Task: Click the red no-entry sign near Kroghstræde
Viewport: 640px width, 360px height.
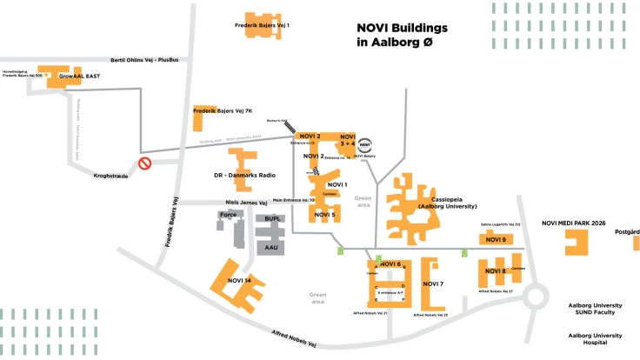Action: coord(146,163)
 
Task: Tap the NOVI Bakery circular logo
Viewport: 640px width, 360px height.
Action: coord(365,146)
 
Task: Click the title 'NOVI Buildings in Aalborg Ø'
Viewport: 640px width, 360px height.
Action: coord(401,35)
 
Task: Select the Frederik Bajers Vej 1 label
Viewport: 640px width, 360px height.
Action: coord(262,25)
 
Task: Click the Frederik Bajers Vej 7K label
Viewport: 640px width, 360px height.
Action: coord(223,111)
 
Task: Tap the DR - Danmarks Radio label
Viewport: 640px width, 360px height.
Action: coord(244,176)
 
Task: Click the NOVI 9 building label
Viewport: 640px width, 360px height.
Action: coord(496,240)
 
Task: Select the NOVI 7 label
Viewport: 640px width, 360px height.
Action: coord(433,284)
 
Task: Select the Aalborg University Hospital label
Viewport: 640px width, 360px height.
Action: coord(596,339)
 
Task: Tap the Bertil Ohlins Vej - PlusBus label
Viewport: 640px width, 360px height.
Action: coord(145,59)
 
